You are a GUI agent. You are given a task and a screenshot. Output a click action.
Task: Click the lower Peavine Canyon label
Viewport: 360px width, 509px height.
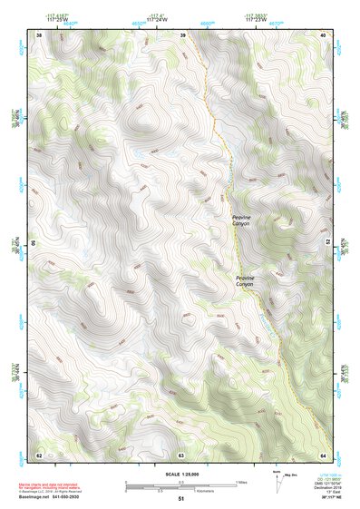[246, 282]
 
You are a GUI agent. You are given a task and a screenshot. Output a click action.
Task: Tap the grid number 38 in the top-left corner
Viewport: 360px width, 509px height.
[39, 35]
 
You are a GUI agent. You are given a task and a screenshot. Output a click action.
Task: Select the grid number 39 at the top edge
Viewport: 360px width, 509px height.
[182, 35]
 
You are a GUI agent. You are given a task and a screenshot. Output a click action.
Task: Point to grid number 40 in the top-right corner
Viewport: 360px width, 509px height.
[323, 35]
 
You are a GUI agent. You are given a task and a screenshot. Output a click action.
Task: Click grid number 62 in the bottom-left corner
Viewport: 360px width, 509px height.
[39, 454]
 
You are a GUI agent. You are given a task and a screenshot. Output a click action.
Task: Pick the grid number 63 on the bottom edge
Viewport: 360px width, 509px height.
[181, 454]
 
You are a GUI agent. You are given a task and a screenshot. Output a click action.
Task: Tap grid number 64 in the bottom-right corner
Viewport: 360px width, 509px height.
[323, 454]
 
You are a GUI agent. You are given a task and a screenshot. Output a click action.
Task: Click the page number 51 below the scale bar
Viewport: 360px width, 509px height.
[180, 498]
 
